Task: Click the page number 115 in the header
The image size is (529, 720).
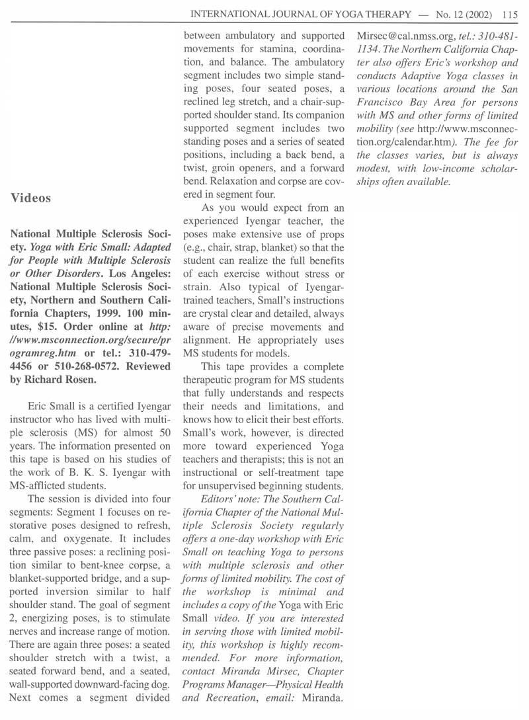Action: click(x=509, y=12)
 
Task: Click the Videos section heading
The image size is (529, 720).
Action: click(x=32, y=198)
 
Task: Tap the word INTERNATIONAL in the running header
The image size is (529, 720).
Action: click(x=232, y=12)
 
